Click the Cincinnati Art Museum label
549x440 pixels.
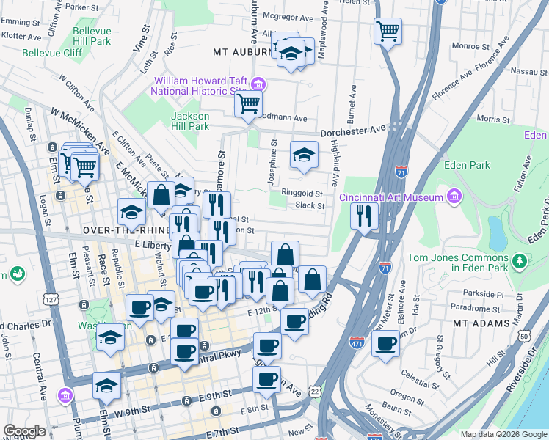(390, 197)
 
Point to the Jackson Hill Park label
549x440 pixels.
(190, 121)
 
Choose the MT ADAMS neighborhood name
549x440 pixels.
(481, 323)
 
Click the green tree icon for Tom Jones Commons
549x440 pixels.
(520, 260)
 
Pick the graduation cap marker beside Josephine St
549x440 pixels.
(304, 155)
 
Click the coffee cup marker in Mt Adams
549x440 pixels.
(385, 343)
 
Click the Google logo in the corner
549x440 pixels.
(24, 431)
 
